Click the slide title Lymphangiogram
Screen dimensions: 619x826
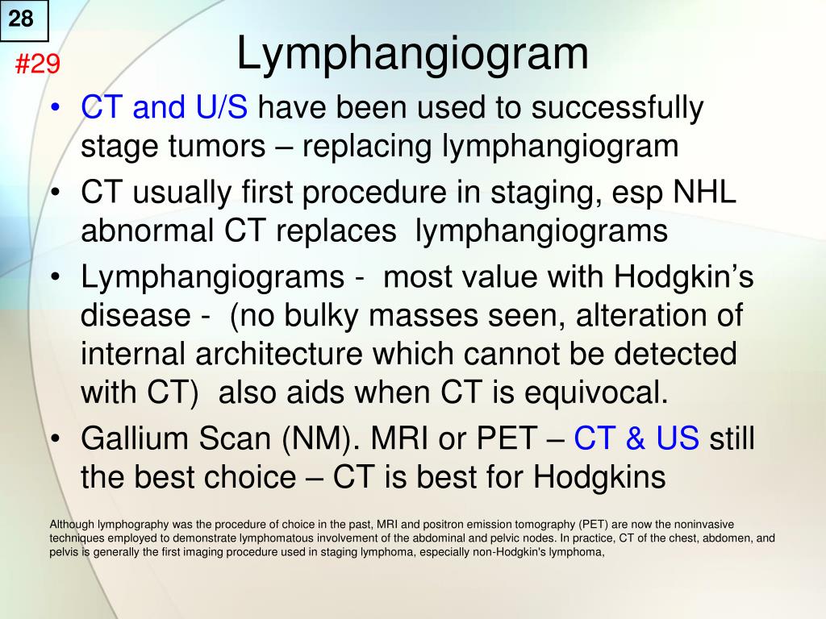(x=412, y=54)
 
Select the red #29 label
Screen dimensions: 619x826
(x=38, y=64)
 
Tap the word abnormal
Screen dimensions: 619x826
(x=144, y=231)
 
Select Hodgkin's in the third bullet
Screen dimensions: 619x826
(x=684, y=278)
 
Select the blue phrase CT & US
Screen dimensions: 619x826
(x=636, y=439)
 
